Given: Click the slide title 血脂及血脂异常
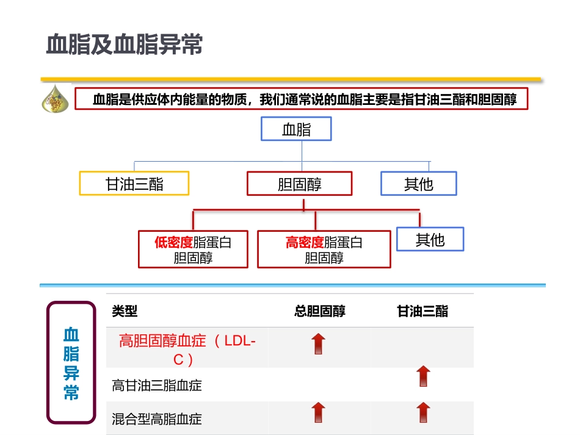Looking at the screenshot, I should [125, 46].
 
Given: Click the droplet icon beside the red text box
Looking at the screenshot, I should [56, 99].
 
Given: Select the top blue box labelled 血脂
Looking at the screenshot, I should [296, 129].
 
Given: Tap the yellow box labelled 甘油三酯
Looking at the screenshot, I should [134, 184].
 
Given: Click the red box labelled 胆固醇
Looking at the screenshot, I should [299, 184].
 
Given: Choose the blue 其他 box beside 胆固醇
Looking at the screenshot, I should [418, 184].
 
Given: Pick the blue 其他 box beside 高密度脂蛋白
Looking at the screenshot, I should [430, 239].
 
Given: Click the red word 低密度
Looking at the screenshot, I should [173, 242].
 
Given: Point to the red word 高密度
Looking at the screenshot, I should [305, 242].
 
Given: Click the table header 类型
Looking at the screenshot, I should [125, 312].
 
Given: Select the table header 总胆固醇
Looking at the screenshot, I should [319, 312].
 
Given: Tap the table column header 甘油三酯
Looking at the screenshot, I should [422, 312].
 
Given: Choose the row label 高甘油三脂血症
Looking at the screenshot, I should [157, 386].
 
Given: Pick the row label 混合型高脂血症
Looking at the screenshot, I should [157, 419].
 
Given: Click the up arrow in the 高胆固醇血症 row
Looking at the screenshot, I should [319, 344].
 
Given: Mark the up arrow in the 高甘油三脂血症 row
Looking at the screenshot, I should [422, 376].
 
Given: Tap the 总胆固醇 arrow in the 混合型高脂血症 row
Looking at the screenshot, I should [319, 413].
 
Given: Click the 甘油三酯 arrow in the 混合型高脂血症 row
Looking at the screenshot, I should [422, 413].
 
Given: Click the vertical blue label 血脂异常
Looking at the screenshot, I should [71, 362].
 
